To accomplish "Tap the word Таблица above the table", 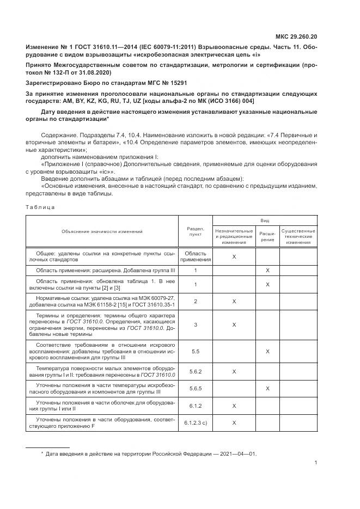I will [x=40, y=207].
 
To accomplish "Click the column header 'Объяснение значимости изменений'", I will [x=102, y=231].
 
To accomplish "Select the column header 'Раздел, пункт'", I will [x=195, y=231].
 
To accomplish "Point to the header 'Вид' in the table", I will [x=264, y=220].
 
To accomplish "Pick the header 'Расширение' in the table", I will [x=267, y=236].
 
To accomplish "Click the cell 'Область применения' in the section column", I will [x=195, y=256].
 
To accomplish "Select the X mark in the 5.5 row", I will [x=267, y=352].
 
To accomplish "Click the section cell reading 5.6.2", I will [x=195, y=371].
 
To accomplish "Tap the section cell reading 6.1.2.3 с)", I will [x=195, y=422].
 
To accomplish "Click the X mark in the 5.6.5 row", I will [x=267, y=389].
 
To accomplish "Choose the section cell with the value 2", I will [x=195, y=301].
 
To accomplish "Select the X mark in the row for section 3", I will [x=234, y=324].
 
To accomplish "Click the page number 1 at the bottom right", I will [x=316, y=463].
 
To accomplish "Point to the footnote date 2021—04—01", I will [x=233, y=453].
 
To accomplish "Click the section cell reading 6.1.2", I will [x=195, y=406].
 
